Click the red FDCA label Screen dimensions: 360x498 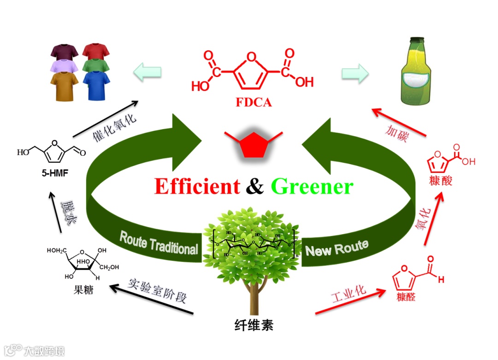(254, 102)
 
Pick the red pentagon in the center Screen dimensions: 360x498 (254, 144)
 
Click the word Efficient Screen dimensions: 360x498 (197, 186)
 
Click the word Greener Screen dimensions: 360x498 (312, 187)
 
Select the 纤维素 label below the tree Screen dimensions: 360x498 (254, 325)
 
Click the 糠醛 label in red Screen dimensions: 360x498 (404, 297)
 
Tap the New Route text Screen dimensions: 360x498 (337, 248)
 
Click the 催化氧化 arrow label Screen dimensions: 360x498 (115, 126)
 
